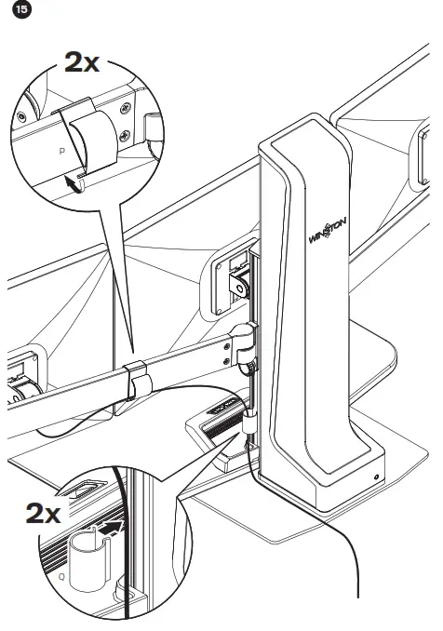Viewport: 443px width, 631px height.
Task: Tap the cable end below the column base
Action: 357,592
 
